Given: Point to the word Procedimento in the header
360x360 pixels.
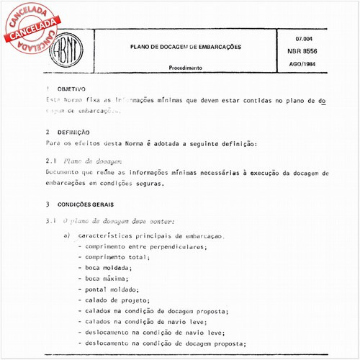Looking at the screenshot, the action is coord(185,68).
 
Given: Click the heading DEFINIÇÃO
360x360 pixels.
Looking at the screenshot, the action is coord(72,133).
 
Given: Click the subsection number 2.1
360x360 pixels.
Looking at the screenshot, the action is coord(51,163).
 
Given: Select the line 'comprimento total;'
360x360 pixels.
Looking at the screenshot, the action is coord(117,257).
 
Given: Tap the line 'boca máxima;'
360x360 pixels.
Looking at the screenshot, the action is coord(107,278).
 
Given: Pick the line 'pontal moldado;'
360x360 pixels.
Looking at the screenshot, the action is coord(112,289).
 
